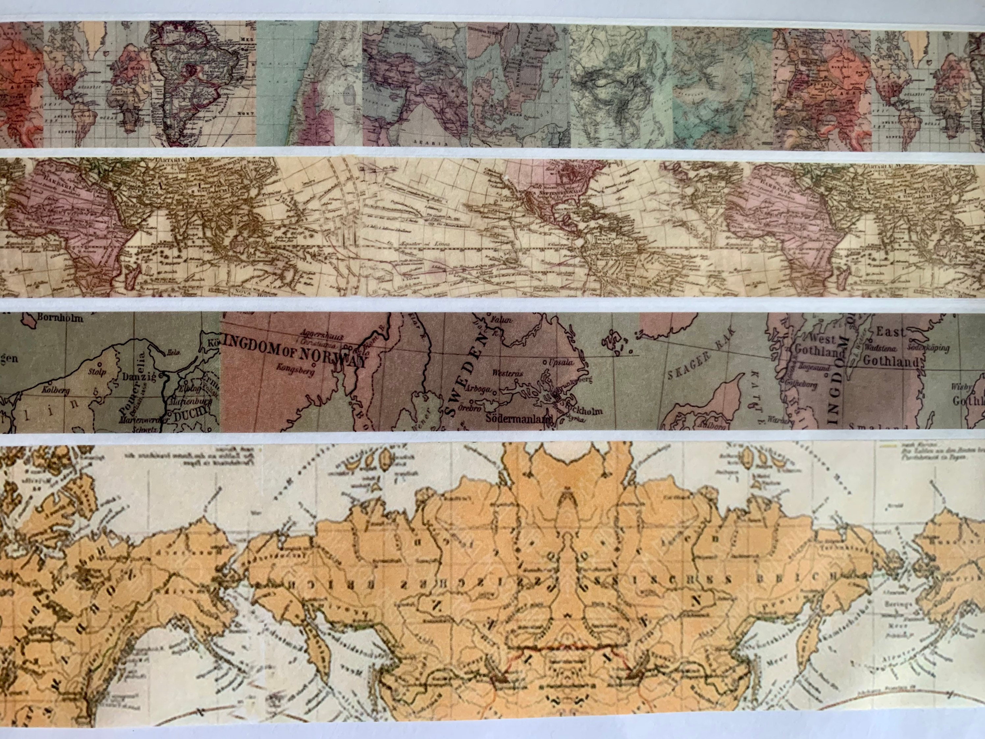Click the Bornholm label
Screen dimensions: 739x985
tap(61, 318)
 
